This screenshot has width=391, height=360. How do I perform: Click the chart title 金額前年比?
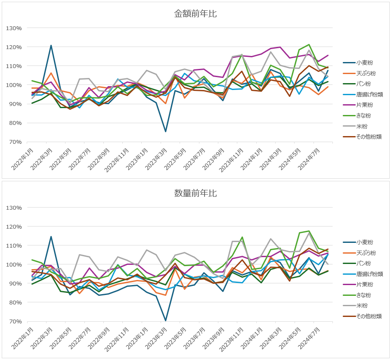(x=195, y=14)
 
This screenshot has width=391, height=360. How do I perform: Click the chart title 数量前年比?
(x=195, y=193)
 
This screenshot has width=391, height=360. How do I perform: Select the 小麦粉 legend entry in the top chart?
(x=364, y=63)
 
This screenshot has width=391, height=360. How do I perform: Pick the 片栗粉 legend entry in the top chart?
(x=364, y=105)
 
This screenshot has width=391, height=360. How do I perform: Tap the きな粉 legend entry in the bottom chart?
(x=364, y=295)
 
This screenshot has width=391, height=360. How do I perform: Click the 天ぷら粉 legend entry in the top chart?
(x=366, y=74)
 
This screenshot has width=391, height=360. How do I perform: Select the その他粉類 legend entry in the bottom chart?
(x=369, y=317)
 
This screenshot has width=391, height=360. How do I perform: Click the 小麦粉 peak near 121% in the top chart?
(x=51, y=45)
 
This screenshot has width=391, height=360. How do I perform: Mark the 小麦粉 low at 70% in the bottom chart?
(x=166, y=321)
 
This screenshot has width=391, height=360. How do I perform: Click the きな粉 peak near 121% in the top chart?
(x=309, y=44)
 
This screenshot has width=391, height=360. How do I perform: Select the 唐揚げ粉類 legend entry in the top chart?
(x=369, y=95)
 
